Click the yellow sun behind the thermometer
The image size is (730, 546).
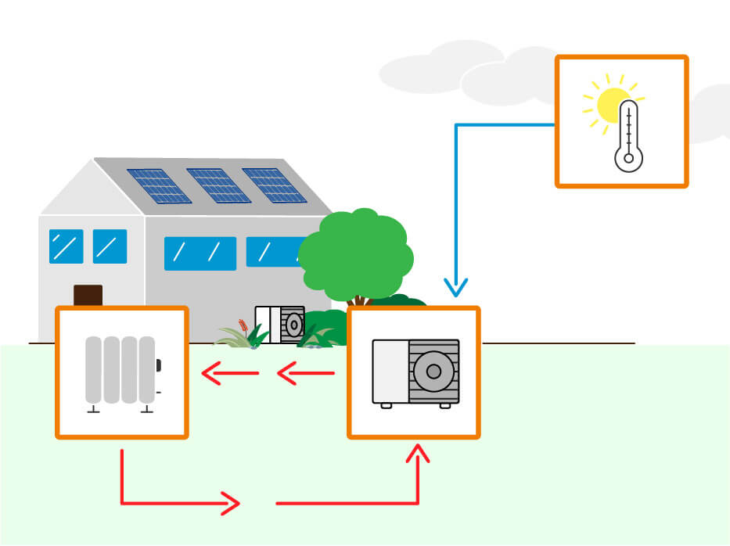610,103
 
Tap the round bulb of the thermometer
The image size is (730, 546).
628,158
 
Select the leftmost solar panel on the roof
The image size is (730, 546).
159,186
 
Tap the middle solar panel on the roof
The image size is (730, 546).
218,185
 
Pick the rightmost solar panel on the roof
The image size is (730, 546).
275,185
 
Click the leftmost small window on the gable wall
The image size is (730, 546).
66,246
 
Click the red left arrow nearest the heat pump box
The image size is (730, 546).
305,374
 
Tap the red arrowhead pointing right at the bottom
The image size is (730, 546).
230,503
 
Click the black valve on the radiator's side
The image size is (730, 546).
158,365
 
